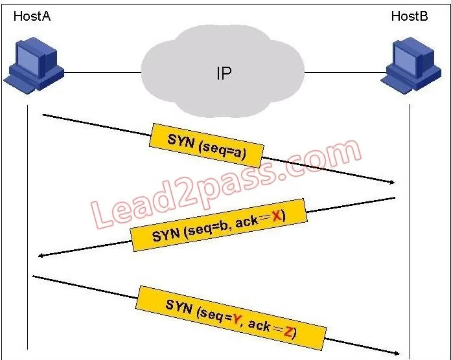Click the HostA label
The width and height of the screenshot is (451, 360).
32,16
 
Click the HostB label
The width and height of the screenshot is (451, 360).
410,16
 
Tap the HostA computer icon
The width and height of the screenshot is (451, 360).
34,64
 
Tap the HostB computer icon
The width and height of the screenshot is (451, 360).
411,65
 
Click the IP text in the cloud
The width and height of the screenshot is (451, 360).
224,73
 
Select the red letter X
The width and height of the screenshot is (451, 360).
276,215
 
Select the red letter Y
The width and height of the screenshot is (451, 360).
237,319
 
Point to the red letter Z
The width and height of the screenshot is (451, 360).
288,332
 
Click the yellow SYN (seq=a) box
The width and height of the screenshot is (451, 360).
206,146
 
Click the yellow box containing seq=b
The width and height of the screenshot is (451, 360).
218,225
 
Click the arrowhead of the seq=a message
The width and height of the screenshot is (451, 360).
392,182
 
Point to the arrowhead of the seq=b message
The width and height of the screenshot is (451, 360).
41,255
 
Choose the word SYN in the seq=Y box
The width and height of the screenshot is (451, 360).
179,306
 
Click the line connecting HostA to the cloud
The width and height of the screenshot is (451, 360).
102,73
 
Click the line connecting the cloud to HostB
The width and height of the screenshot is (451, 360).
345,73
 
